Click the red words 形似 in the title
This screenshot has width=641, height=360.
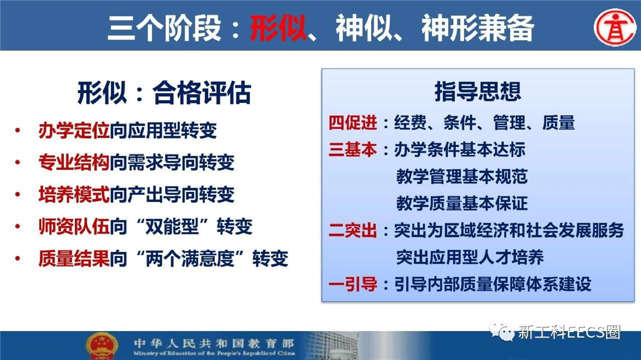click(x=278, y=28)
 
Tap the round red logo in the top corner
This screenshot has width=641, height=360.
click(x=615, y=28)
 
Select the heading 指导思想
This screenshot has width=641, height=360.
click(x=478, y=91)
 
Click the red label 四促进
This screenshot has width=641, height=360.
click(x=353, y=123)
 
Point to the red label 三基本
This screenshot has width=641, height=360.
click(x=353, y=150)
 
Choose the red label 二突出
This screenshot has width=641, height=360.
click(x=353, y=230)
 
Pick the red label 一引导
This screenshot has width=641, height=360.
click(x=353, y=284)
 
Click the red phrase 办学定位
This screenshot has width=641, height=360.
click(x=74, y=131)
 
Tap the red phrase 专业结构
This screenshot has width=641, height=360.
click(x=74, y=162)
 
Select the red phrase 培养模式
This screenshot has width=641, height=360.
click(x=74, y=194)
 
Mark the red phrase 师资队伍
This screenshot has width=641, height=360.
click(x=74, y=226)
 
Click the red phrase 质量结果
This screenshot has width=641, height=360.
click(x=74, y=258)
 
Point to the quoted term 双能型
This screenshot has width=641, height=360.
click(x=172, y=226)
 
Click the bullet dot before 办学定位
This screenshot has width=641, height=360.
click(x=18, y=131)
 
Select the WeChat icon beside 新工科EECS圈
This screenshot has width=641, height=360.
click(x=501, y=331)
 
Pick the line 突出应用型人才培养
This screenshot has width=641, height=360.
click(x=470, y=257)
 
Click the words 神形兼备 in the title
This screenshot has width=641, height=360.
click(x=478, y=28)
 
